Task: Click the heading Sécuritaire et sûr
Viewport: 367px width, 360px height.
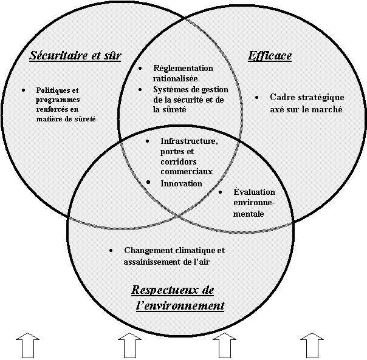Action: [x=75, y=56]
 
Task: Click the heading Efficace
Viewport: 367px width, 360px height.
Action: [x=270, y=56]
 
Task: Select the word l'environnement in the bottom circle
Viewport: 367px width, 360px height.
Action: [x=180, y=305]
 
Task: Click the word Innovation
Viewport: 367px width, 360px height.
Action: [x=181, y=183]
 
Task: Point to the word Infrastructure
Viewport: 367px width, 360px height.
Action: [x=188, y=141]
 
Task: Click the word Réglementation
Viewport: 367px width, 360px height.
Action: [x=184, y=68]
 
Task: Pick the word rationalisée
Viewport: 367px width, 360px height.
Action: [x=175, y=78]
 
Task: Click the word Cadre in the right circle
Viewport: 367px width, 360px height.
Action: [x=281, y=97]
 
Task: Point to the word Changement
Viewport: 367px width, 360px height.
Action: [x=149, y=250]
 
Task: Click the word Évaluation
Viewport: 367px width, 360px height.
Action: [x=255, y=192]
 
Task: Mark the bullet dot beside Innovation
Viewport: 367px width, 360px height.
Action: [x=149, y=182]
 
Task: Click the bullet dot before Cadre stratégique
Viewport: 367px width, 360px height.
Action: [x=257, y=97]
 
